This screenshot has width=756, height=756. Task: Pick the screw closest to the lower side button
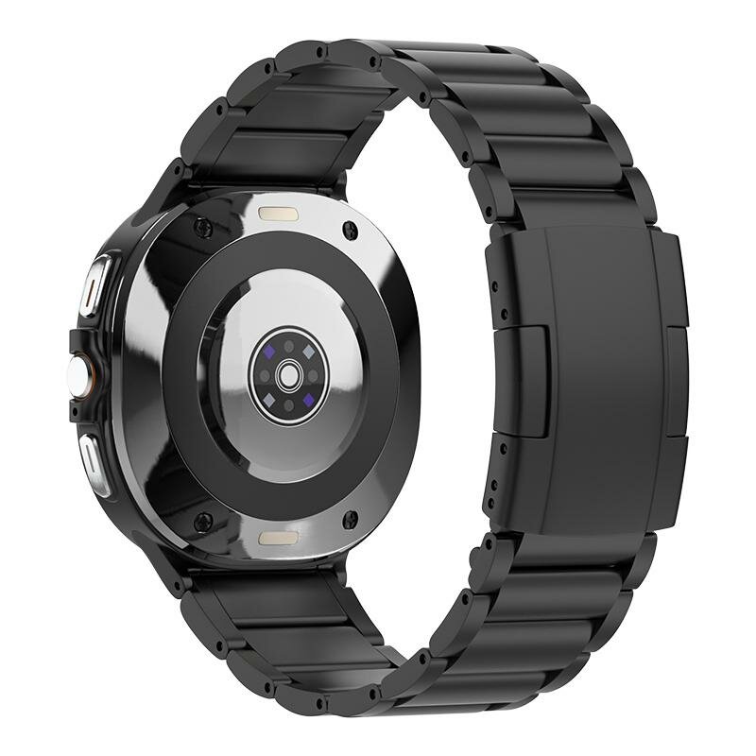(201, 519)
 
